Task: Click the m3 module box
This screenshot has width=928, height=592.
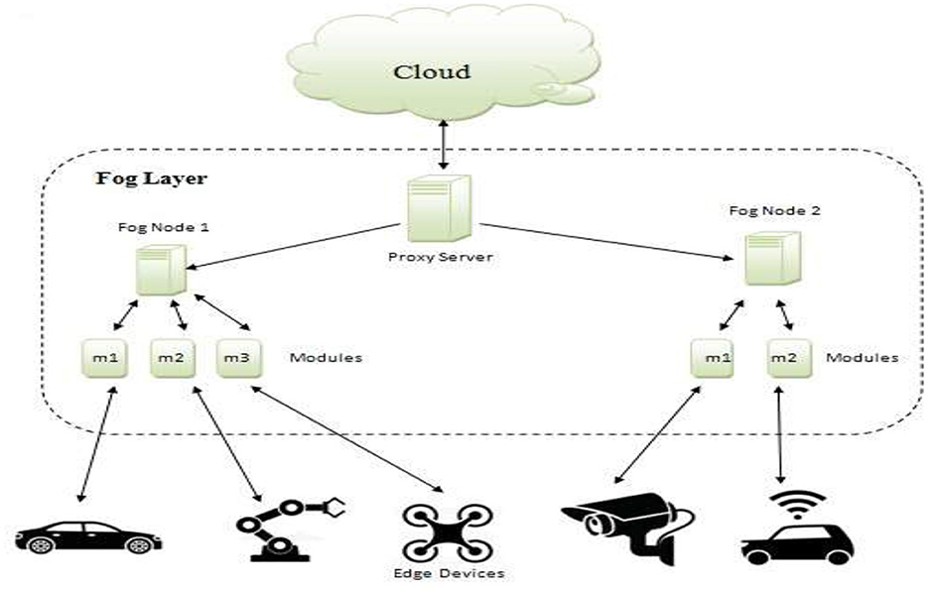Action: coord(237,357)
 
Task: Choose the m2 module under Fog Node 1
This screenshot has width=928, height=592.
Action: coord(172,357)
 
